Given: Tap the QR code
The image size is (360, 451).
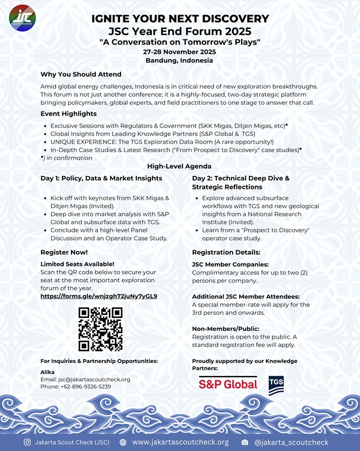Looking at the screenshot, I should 100,329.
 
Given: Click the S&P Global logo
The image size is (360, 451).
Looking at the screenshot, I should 228,384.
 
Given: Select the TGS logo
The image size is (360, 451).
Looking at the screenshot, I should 276,384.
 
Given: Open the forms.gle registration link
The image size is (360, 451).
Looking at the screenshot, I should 99,296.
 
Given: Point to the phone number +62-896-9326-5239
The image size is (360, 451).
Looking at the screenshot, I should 83,387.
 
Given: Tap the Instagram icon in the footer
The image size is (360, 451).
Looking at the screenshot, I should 27,442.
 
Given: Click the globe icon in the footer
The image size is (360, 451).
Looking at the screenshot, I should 123,442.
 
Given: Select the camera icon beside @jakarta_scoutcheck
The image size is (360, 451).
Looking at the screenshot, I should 245,442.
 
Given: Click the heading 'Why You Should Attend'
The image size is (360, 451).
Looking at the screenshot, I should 81,74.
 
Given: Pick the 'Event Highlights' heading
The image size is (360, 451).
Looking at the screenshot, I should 68,113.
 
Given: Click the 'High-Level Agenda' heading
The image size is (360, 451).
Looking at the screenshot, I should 179,166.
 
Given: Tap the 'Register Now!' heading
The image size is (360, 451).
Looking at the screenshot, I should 64,252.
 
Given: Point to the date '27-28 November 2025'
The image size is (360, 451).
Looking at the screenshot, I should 179,52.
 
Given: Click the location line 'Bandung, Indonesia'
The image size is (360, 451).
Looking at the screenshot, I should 179,60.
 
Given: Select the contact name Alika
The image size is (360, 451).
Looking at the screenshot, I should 47,372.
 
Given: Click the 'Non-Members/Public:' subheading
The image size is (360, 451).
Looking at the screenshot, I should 225,328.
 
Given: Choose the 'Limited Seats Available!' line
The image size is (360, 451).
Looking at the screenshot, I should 77,264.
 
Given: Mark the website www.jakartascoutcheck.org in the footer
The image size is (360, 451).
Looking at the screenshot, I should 180,442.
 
